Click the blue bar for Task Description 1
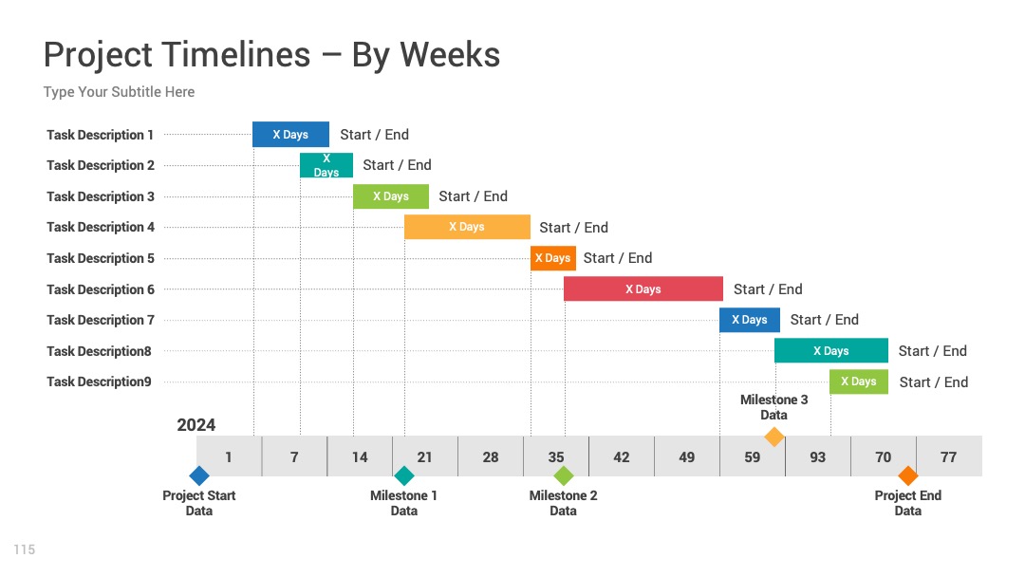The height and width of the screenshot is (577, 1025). [291, 135]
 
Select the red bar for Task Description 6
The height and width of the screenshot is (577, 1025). [643, 288]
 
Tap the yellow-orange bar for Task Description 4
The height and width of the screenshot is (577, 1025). [467, 227]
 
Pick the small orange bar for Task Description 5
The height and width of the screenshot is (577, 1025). [553, 258]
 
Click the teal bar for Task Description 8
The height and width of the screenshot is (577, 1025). [830, 350]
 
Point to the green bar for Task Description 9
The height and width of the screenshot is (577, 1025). [859, 382]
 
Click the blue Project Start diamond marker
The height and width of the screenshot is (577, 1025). [198, 475]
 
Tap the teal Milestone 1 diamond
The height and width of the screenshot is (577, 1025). [404, 475]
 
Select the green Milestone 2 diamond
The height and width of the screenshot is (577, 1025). [563, 475]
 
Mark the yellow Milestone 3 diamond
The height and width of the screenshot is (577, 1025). [774, 437]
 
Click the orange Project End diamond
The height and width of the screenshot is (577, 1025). [907, 475]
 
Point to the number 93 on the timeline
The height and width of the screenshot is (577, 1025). [818, 457]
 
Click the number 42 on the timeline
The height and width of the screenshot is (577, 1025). [622, 457]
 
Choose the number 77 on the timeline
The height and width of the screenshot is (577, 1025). [948, 457]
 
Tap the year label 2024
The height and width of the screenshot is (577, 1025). [196, 425]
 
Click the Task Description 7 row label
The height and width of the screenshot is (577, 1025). [101, 320]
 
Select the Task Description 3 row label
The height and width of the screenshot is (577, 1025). [101, 196]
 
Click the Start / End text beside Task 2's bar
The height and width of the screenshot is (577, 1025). [397, 165]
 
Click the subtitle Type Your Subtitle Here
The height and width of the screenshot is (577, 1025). [119, 92]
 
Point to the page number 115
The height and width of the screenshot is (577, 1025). [24, 549]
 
